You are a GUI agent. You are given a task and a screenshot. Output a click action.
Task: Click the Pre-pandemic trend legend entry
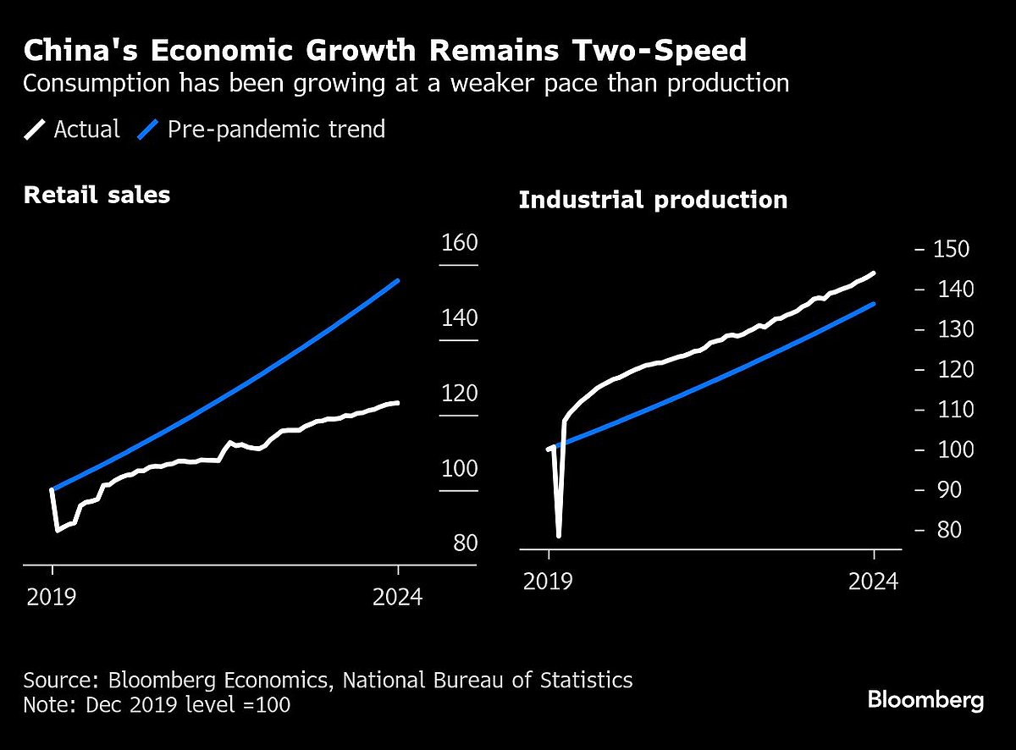(262, 130)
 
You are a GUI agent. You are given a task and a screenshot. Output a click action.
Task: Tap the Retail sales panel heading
(97, 195)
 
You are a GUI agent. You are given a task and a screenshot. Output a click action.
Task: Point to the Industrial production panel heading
(653, 201)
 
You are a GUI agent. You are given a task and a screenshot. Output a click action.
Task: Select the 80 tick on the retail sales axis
(465, 543)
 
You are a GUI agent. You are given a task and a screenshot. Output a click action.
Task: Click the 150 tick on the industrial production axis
(950, 250)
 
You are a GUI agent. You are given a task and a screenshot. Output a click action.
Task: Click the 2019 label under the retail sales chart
(52, 598)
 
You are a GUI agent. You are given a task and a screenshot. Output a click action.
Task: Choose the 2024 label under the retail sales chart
(398, 598)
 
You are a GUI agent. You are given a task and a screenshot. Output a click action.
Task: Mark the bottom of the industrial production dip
(559, 536)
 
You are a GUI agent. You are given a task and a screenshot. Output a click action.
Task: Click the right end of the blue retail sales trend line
(398, 280)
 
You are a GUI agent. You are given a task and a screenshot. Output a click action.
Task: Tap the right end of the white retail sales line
(398, 403)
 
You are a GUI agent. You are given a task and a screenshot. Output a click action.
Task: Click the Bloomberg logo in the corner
(925, 701)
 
